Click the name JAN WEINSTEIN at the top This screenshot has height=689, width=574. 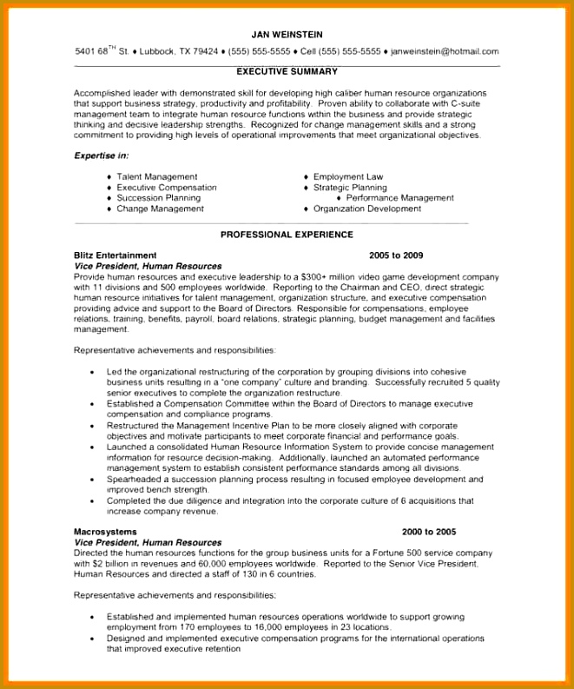tap(287, 34)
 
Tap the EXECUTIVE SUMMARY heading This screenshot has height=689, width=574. tap(287, 71)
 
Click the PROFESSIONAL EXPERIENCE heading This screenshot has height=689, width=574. tap(287, 235)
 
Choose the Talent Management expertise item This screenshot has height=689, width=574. tap(157, 176)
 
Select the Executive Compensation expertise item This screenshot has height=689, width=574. tap(167, 188)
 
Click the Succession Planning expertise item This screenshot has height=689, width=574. tap(159, 198)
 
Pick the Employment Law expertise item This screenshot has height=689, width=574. tap(348, 176)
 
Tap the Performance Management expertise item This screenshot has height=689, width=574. tap(399, 198)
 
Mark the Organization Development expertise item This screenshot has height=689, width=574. tap(367, 209)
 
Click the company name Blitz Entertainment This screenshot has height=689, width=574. tap(115, 255)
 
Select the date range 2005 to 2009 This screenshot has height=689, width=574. tap(396, 255)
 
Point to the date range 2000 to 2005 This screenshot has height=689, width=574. tap(429, 531)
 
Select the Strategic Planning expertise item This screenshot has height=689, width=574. tap(350, 188)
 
